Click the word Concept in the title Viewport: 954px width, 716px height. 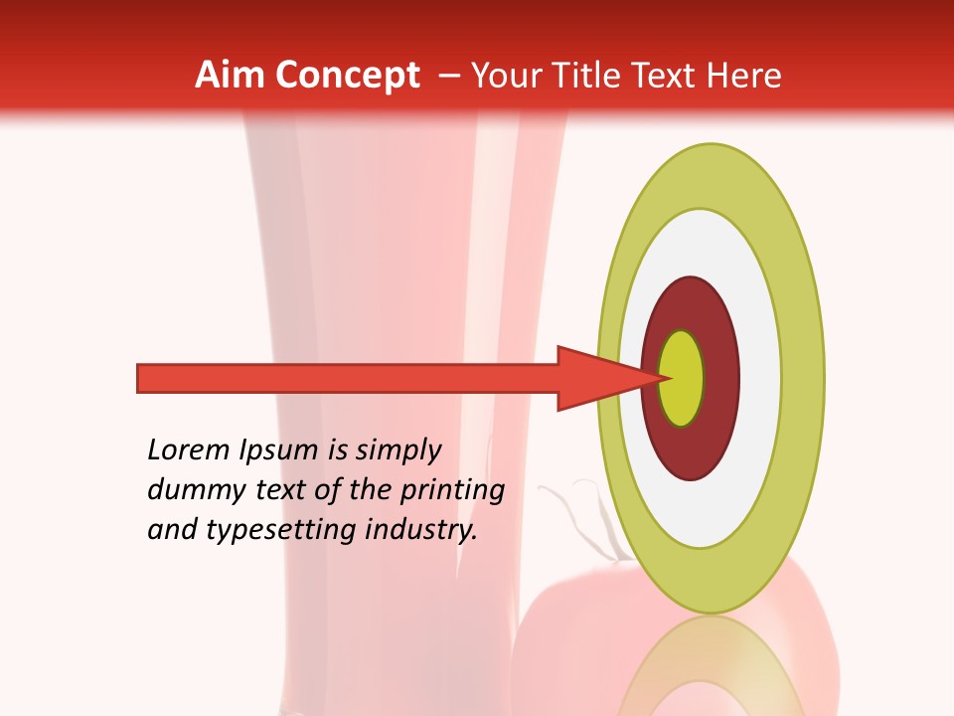pos(347,76)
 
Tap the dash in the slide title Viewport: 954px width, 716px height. pos(448,76)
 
